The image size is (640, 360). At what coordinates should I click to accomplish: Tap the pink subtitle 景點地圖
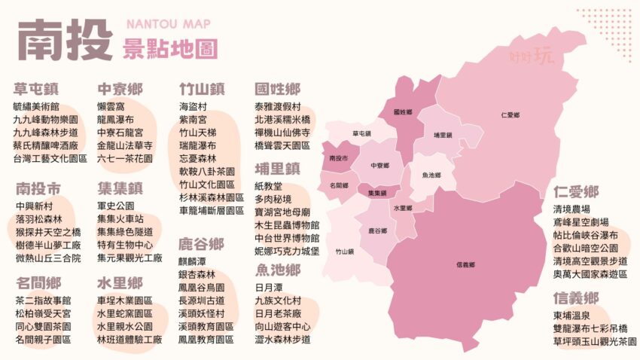tap(169, 49)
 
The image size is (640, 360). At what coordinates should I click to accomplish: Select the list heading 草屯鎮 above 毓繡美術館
tap(35, 89)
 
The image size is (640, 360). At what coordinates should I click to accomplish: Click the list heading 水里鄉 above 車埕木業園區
tap(120, 283)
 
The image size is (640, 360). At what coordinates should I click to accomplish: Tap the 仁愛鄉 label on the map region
tap(510, 115)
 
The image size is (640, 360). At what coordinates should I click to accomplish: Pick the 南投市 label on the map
tap(339, 159)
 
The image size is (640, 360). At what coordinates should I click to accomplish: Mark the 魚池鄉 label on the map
tap(431, 175)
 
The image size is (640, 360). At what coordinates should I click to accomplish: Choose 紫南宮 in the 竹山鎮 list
tap(194, 119)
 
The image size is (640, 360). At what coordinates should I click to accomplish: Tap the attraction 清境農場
tap(571, 209)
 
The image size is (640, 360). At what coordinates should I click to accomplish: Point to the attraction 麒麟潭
tap(194, 261)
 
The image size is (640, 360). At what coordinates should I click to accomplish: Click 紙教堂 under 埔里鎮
tap(269, 186)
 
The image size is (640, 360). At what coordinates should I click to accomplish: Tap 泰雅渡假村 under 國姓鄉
tap(278, 106)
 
